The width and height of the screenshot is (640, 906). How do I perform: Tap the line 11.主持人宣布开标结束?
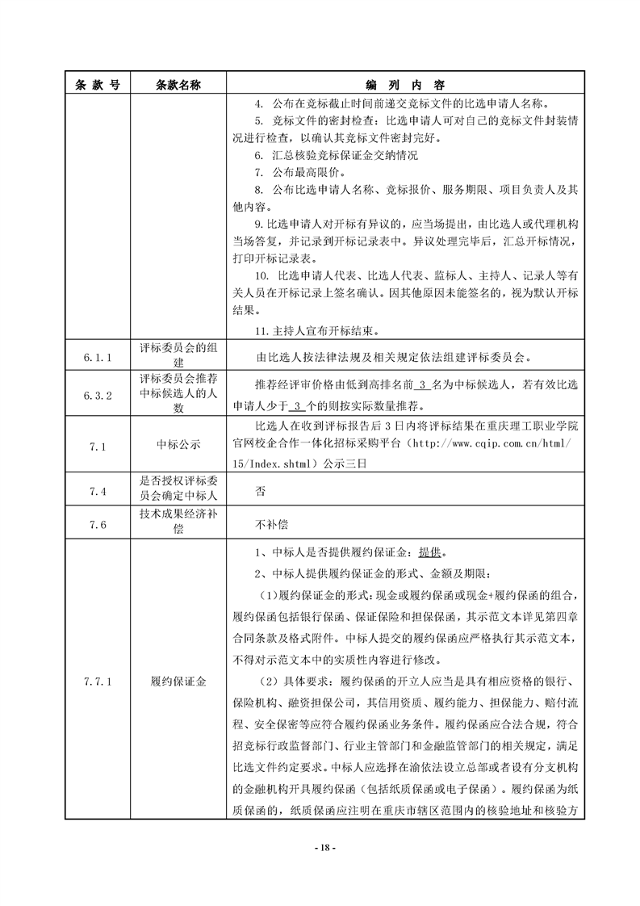[316, 330]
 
